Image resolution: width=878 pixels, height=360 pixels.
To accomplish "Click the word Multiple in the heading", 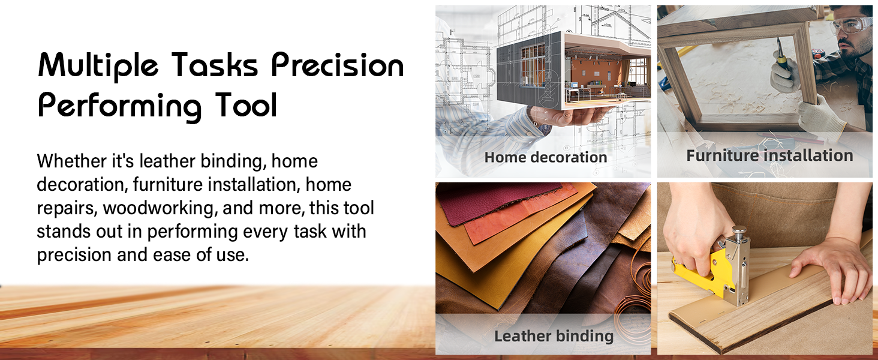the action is (x=98, y=65).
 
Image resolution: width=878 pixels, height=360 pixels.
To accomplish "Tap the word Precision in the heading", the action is (x=338, y=65).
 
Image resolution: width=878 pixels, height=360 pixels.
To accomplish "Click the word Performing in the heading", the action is (x=119, y=107).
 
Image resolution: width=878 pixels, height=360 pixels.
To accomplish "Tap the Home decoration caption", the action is (x=546, y=157).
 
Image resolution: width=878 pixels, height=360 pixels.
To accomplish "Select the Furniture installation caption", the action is (x=769, y=155).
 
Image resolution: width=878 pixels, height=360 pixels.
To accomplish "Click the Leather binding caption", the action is (x=554, y=336).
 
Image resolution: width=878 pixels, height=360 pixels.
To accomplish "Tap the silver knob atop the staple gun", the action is (x=739, y=233).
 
